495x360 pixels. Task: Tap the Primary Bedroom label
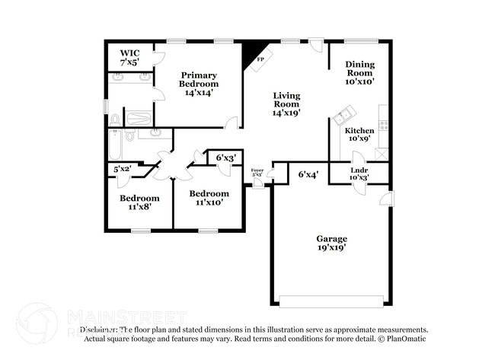(199, 79)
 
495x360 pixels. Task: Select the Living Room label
(287, 103)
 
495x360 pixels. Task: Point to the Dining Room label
(359, 72)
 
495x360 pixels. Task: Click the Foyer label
(257, 172)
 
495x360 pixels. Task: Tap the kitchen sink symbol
(342, 118)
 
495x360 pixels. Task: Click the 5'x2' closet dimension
(123, 169)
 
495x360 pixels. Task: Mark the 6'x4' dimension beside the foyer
(308, 174)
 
